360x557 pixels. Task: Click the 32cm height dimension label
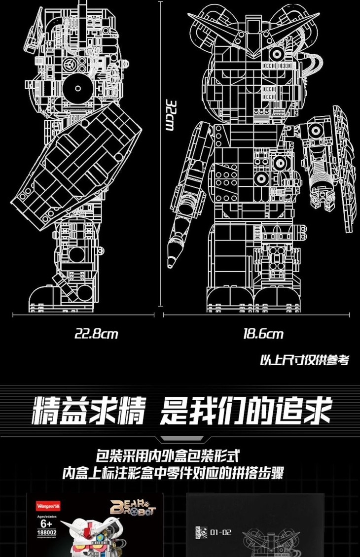pyautogui.click(x=169, y=116)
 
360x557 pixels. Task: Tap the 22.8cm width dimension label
pyautogui.click(x=96, y=334)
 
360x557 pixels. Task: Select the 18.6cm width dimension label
pyautogui.click(x=263, y=334)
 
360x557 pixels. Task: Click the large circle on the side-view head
pyautogui.click(x=77, y=88)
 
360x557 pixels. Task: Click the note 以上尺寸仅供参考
pyautogui.click(x=304, y=360)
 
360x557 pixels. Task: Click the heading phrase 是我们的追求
pyautogui.click(x=245, y=411)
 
